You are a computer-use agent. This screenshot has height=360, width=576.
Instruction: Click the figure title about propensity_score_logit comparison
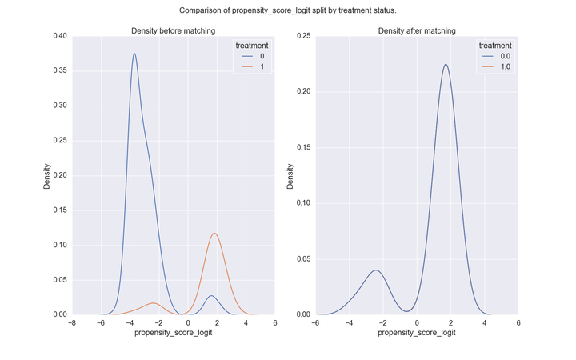pyautogui.click(x=288, y=10)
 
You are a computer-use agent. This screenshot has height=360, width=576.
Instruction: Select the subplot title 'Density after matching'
pyautogui.click(x=416, y=31)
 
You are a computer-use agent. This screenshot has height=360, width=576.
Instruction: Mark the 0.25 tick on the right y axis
pyautogui.click(x=302, y=36)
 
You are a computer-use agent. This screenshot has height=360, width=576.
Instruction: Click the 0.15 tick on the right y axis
pyautogui.click(x=302, y=147)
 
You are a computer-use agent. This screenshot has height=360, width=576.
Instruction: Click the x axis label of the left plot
pyautogui.click(x=173, y=332)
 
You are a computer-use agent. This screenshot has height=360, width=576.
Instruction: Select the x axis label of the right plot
pyautogui.click(x=417, y=332)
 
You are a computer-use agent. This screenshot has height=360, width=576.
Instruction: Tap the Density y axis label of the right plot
pyautogui.click(x=290, y=175)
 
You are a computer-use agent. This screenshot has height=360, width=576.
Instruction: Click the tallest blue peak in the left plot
pyautogui.click(x=134, y=54)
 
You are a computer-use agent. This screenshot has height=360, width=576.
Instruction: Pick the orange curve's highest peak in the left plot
pyautogui.click(x=214, y=233)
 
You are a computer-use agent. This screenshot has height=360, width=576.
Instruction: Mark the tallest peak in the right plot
pyautogui.click(x=446, y=65)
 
